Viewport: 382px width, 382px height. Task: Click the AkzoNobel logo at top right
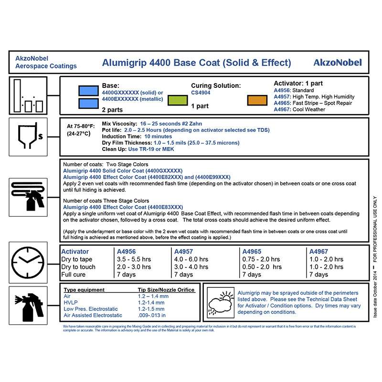coord(338,63)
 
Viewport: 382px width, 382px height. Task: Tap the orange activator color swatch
coord(257,100)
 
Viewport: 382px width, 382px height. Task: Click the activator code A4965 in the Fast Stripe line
coord(282,103)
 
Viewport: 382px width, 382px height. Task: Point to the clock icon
coord(28,262)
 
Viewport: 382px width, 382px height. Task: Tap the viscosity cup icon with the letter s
coord(28,136)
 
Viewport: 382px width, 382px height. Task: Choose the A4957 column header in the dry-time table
coord(184,252)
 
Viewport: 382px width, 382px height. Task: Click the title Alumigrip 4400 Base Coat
coord(196,63)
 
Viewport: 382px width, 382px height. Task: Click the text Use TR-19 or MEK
coord(151,149)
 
